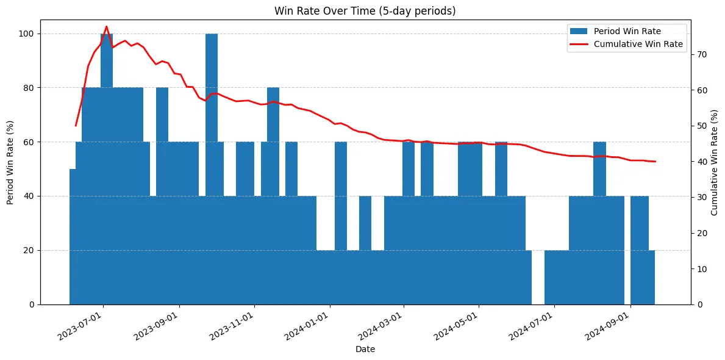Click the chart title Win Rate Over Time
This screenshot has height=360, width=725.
click(365, 11)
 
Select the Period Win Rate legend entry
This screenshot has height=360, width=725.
click(627, 31)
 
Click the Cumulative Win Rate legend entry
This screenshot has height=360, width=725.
click(638, 45)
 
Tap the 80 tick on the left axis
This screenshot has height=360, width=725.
click(31, 88)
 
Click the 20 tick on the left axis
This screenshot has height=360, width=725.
click(31, 250)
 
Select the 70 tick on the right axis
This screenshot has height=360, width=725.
click(702, 54)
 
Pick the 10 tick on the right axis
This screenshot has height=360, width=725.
click(702, 268)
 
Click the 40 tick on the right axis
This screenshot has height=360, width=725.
click(702, 162)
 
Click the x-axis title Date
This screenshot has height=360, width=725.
click(365, 350)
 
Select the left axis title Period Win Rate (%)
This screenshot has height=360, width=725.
click(10, 162)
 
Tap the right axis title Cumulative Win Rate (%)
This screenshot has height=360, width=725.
click(715, 162)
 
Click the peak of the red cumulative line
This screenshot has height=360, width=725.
click(107, 27)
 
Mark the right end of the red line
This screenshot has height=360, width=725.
click(655, 162)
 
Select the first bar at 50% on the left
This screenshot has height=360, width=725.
click(73, 238)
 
